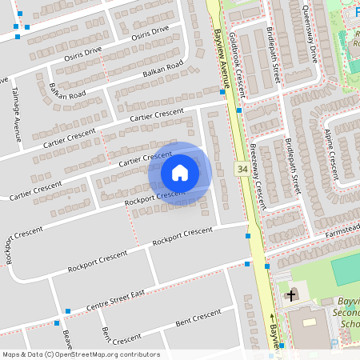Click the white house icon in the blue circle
[180, 173]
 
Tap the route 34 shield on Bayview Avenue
[241, 170]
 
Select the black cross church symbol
[290, 295]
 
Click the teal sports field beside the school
[346, 270]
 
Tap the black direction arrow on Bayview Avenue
[271, 318]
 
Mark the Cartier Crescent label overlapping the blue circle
[146, 158]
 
